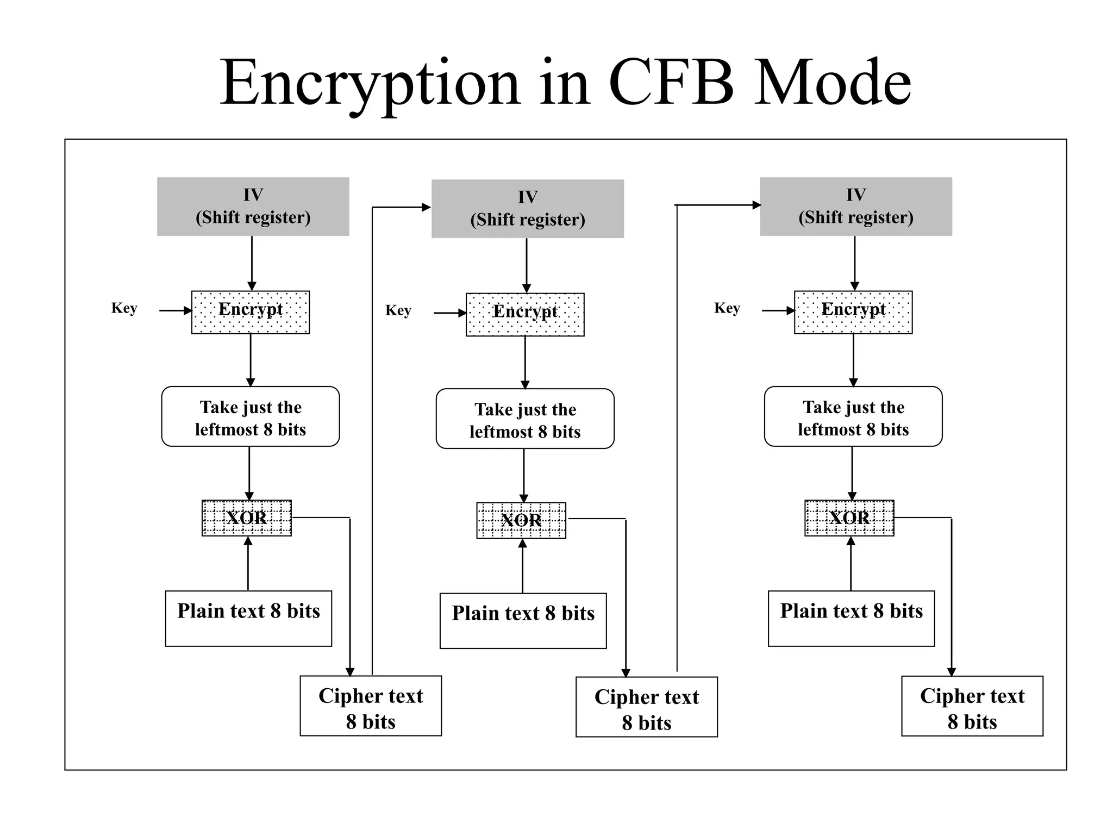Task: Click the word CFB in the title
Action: pos(672,83)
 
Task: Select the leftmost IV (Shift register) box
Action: pos(253,207)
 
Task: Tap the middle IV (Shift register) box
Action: pos(527,209)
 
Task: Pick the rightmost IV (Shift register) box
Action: pos(855,207)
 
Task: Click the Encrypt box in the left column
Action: pos(251,312)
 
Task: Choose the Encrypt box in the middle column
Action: pos(525,314)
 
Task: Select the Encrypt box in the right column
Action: pos(853,312)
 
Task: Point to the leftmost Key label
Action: pos(124,308)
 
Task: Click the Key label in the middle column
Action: pos(398,310)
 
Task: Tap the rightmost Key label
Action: pos(727,308)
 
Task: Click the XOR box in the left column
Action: pos(247,518)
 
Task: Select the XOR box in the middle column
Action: pos(521,520)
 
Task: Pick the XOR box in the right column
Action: pos(849,518)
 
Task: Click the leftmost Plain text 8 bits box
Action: pos(248,618)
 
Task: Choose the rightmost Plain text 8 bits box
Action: pos(851,618)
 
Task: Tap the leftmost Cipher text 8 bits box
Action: pos(371,706)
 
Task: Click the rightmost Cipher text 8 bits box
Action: pos(972,706)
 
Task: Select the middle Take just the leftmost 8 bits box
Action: pos(525,419)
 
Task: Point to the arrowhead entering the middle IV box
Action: pos(427,207)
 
